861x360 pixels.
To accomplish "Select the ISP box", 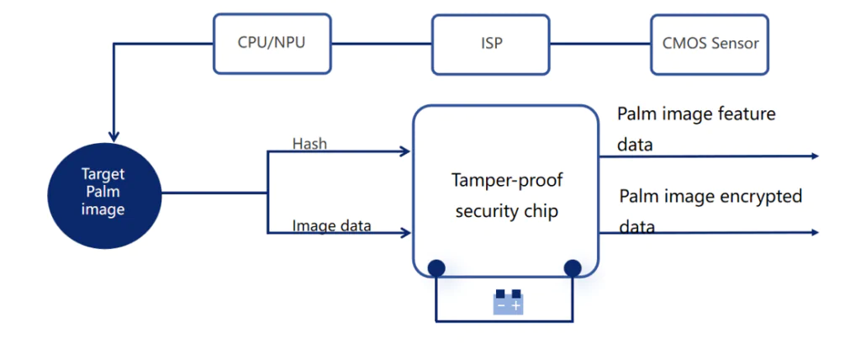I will (491, 42).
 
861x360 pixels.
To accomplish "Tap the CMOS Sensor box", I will (709, 42).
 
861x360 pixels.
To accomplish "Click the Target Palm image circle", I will (103, 192).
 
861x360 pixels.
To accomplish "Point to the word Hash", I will (309, 144).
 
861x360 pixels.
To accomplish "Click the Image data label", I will (331, 225).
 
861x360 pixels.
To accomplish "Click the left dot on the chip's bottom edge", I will (436, 268).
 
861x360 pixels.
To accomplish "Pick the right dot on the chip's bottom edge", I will (573, 268).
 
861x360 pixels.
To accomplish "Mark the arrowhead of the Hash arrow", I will (405, 152).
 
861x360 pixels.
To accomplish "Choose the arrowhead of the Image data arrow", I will (405, 232).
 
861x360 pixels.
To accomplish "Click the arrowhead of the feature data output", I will (813, 156).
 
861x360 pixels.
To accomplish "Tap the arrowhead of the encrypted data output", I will (813, 232).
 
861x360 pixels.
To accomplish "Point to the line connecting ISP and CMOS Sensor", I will (600, 42).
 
